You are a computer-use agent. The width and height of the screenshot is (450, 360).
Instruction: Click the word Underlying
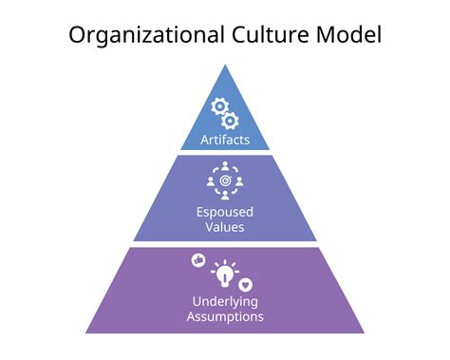coord(225,302)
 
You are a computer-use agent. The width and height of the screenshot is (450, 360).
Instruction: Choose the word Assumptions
coord(225,317)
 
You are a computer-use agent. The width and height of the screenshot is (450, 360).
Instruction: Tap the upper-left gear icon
coord(219,106)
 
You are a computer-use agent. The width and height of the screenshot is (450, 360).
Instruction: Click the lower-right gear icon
coord(231,120)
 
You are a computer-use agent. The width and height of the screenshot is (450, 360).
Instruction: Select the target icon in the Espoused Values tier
coord(225,179)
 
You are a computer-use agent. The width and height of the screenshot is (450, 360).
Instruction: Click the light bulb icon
coord(225,274)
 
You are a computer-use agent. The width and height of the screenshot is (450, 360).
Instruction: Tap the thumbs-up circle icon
coord(198,259)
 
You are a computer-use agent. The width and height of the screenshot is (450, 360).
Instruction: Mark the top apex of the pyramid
coord(225,65)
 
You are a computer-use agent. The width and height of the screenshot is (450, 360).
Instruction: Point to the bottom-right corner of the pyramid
coord(365,332)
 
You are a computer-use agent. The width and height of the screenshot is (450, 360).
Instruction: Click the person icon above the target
coord(225,165)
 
